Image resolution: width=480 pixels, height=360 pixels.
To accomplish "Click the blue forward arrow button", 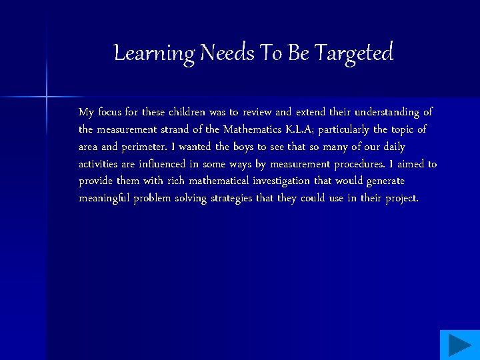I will tap(459, 345).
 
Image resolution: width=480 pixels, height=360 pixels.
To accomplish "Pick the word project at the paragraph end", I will tap(400, 199).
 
